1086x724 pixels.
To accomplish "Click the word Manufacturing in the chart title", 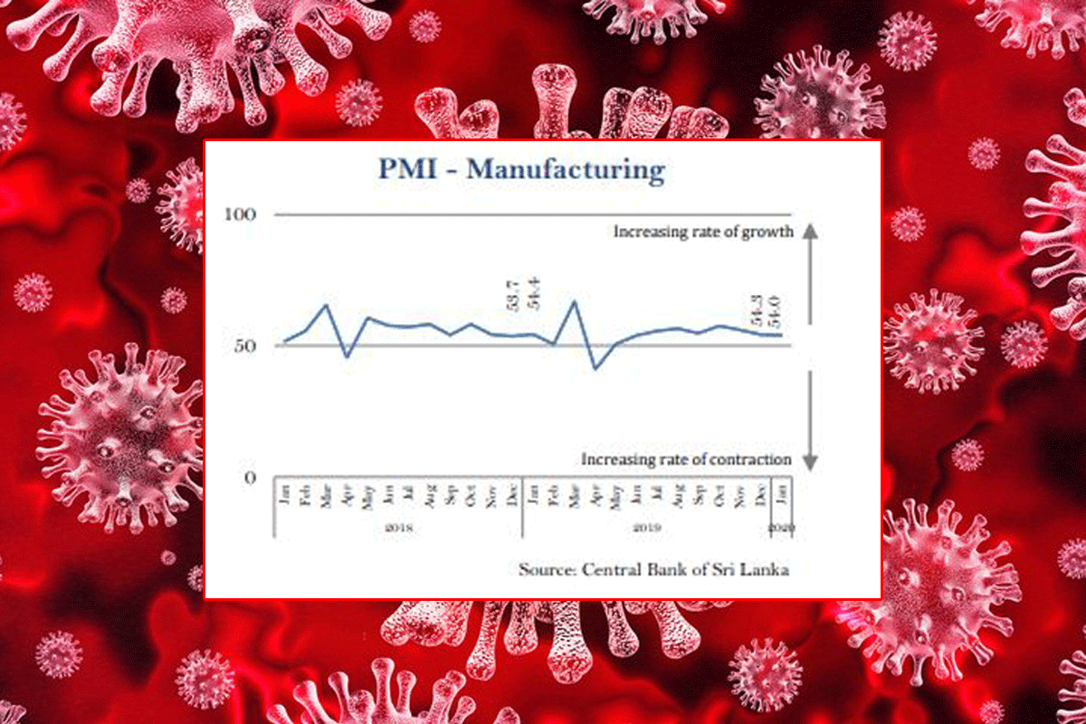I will click(566, 170).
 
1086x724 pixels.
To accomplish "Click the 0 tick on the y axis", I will click(251, 478).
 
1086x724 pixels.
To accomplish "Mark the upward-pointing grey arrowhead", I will click(810, 231).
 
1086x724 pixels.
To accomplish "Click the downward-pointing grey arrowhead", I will click(810, 462).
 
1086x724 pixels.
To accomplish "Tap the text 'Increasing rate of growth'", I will click(703, 232).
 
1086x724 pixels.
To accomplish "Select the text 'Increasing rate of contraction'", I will click(686, 460).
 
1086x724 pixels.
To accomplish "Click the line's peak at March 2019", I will click(574, 301).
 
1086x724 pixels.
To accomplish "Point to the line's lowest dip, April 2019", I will click(595, 368).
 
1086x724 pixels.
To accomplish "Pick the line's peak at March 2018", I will click(326, 305).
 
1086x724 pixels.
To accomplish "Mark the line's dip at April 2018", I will click(347, 357).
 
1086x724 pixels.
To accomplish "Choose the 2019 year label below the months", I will click(645, 527).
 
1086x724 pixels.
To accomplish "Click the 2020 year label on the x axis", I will click(780, 527).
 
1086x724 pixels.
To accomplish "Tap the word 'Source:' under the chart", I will click(547, 570).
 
